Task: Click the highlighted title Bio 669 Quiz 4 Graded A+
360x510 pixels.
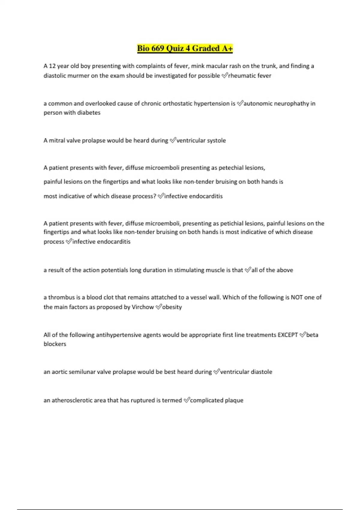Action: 185,48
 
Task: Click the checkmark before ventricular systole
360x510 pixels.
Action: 172,140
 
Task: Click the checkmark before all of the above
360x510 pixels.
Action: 247,270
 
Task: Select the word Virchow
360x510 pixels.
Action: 143,307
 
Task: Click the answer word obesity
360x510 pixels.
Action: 172,307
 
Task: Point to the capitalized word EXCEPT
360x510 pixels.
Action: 288,335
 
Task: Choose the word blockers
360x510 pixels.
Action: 55,344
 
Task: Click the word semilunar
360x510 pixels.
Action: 82,372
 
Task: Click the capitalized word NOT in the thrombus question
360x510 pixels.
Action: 297,297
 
